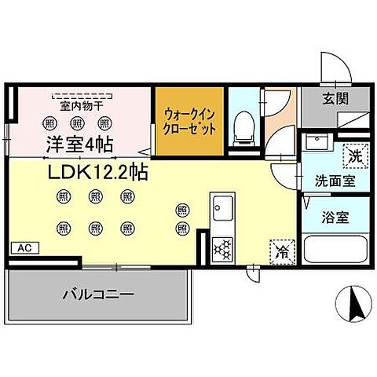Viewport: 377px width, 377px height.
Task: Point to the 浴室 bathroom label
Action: (335, 217)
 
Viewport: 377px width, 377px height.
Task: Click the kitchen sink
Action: (220, 210)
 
